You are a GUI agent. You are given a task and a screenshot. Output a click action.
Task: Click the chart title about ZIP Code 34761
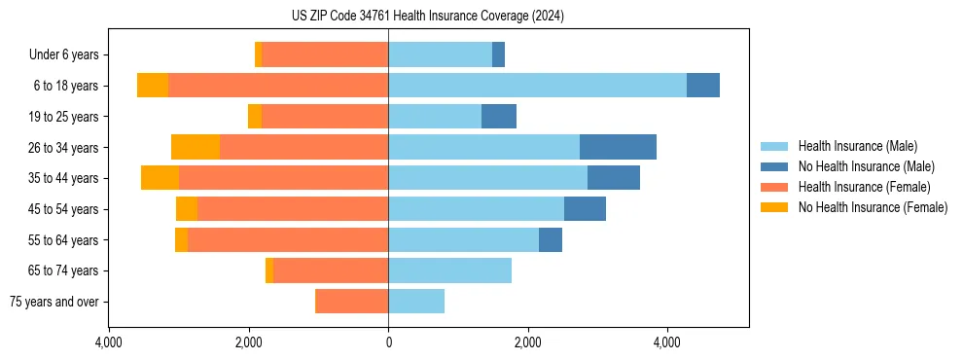click(428, 17)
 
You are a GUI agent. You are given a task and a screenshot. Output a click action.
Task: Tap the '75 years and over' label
click(54, 302)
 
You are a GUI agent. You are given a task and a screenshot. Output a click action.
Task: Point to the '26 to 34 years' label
click(63, 148)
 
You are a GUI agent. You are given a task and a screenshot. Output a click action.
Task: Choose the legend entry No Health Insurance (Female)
click(873, 207)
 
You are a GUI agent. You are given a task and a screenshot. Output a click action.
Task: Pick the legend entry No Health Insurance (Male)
click(866, 166)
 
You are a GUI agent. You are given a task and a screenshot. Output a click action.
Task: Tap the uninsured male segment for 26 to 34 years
click(618, 147)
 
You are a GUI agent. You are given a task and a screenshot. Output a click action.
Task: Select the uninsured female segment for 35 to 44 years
click(160, 178)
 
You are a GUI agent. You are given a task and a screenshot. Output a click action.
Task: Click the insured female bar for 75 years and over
click(351, 302)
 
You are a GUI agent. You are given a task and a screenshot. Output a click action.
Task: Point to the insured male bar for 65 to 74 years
click(449, 270)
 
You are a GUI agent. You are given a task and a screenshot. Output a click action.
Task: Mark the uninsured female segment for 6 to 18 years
click(153, 86)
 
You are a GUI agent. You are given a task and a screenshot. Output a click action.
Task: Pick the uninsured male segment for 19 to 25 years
click(498, 117)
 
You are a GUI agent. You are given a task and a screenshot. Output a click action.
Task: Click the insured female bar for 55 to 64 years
click(288, 239)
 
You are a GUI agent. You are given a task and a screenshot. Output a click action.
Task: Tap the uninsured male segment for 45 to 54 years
click(585, 209)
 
